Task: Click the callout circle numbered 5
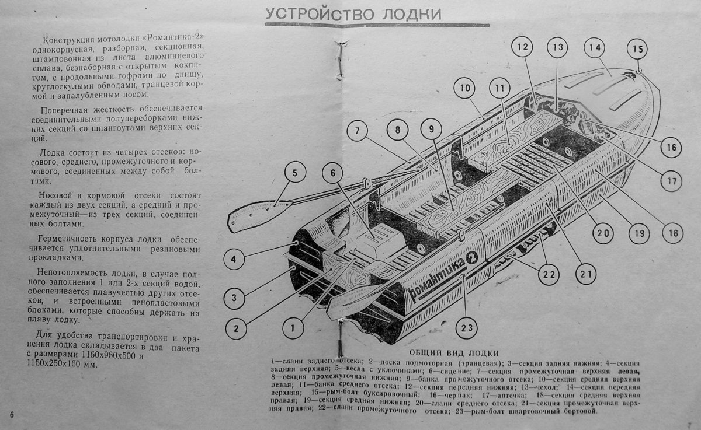pyautogui.click(x=295, y=173)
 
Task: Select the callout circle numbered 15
pyautogui.click(x=637, y=48)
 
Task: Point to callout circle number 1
pyautogui.click(x=293, y=328)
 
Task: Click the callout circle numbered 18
pyautogui.click(x=672, y=233)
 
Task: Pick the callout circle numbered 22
pyautogui.click(x=549, y=274)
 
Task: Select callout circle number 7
pyautogui.click(x=359, y=131)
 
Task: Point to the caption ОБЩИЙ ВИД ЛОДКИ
pyautogui.click(x=445, y=352)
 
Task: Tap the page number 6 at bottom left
pyautogui.click(x=12, y=414)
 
